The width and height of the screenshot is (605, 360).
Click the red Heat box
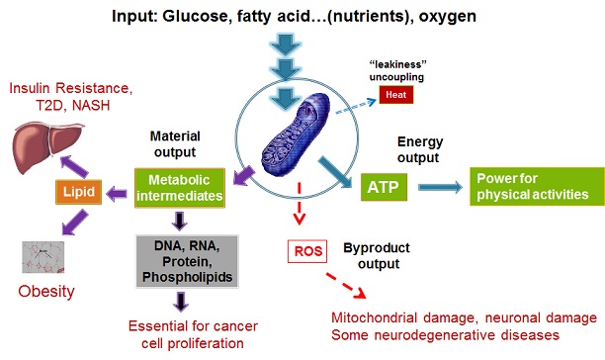(395, 95)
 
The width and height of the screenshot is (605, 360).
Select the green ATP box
(384, 187)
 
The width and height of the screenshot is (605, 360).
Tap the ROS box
(307, 251)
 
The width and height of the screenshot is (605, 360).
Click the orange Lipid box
(79, 192)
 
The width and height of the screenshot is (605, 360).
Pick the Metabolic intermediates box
(179, 188)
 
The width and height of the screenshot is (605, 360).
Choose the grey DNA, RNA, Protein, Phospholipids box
(187, 261)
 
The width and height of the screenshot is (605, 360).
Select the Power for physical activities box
(537, 186)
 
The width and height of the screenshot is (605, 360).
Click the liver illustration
(47, 147)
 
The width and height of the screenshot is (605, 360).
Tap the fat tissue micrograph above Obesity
(43, 257)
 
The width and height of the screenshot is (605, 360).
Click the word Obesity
(46, 292)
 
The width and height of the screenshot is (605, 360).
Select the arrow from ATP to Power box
(440, 187)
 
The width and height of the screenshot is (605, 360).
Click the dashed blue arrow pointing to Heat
(356, 107)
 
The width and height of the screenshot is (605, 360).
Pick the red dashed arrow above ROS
(299, 204)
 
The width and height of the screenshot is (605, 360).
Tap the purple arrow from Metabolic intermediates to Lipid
(117, 194)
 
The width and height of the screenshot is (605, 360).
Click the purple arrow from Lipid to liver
(74, 166)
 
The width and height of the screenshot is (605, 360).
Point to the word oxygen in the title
(448, 16)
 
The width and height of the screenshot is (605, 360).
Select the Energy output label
(419, 149)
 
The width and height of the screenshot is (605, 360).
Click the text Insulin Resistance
(70, 88)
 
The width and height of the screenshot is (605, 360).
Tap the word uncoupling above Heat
(396, 77)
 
